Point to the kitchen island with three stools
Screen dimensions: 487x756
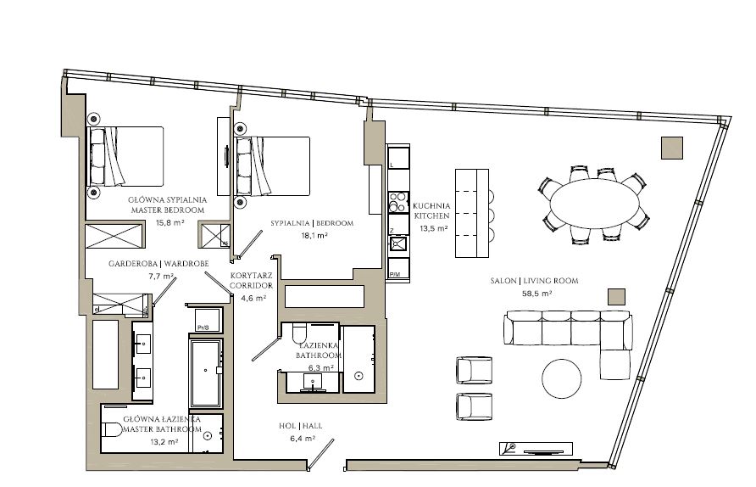(472, 213)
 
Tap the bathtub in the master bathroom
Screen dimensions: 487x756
(206, 373)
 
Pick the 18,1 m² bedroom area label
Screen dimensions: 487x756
(311, 236)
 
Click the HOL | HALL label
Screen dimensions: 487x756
(300, 427)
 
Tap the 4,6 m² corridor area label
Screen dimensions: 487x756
(253, 299)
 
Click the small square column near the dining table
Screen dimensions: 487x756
(672, 148)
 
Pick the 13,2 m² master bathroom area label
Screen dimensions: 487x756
(164, 442)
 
